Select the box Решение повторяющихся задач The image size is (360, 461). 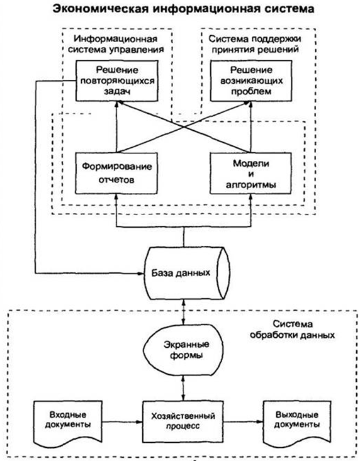(x=117, y=81)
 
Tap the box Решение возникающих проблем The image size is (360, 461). (x=251, y=81)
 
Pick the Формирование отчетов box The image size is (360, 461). (x=116, y=173)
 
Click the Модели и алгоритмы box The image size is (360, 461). (x=251, y=173)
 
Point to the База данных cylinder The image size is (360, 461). (x=186, y=274)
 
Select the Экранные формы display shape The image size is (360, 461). (x=183, y=350)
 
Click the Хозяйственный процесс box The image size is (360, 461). (x=183, y=421)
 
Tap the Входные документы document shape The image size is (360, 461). (x=68, y=423)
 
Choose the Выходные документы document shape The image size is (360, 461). (x=297, y=423)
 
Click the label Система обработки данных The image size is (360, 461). (x=293, y=330)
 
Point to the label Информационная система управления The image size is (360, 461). (x=116, y=44)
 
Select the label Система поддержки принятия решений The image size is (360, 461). (x=255, y=44)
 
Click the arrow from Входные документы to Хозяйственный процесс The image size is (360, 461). (x=122, y=422)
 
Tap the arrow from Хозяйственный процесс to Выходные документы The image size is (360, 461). (x=243, y=422)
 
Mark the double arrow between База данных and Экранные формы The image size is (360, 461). (x=184, y=312)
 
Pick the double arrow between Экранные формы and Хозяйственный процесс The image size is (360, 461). (x=183, y=389)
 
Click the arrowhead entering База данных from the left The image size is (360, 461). (x=140, y=274)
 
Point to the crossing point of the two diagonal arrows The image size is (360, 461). (x=184, y=127)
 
